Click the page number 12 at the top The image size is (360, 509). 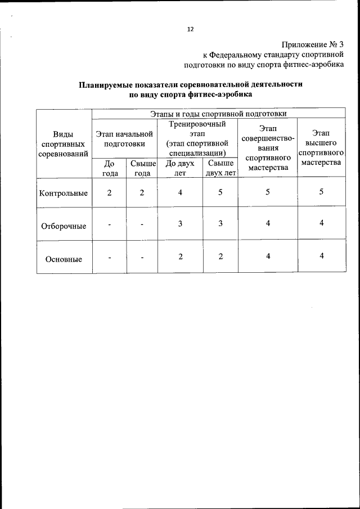tap(190, 30)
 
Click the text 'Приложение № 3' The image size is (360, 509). tap(312, 44)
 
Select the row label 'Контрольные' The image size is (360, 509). tap(64, 193)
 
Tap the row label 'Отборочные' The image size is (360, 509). tap(64, 226)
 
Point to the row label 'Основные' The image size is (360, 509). tap(64, 259)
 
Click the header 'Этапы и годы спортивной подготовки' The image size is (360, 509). tap(218, 114)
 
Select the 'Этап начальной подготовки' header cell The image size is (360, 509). tap(124, 139)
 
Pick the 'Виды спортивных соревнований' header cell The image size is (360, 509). tap(64, 143)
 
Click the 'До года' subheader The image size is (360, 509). tap(110, 168)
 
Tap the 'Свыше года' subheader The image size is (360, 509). tap(142, 168)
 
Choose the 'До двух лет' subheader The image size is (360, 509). tap(180, 168)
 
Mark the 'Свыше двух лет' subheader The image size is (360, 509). tap(220, 168)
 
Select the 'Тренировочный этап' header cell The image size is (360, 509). tap(197, 138)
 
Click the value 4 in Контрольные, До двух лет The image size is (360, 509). tap(180, 192)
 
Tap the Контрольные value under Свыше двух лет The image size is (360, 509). tap(220, 192)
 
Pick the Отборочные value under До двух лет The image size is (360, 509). tap(180, 224)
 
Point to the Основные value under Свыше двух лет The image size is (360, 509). tap(220, 256)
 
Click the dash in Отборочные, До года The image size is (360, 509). tap(110, 224)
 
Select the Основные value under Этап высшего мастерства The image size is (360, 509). tap(321, 256)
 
